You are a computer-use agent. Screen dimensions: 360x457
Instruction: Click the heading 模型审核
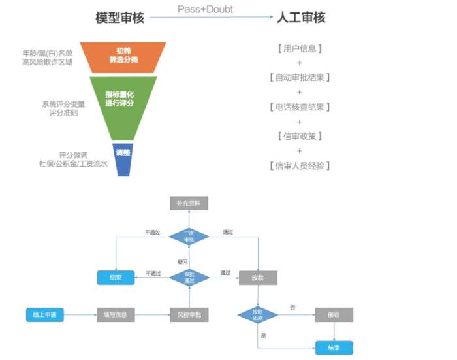119,18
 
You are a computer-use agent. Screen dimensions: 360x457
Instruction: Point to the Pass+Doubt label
205,9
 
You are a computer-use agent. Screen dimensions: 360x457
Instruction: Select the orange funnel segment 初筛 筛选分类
128,57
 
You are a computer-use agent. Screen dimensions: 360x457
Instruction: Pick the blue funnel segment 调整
123,153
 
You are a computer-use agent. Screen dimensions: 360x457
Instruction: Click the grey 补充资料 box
189,203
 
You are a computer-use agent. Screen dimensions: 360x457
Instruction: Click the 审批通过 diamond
189,276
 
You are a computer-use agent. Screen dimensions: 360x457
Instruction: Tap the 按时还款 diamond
257,314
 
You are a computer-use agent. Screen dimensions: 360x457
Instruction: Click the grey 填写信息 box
116,315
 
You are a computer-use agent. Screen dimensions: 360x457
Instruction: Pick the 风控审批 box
189,315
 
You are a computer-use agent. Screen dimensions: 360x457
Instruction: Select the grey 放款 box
258,277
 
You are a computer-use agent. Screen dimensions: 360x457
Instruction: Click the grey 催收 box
334,314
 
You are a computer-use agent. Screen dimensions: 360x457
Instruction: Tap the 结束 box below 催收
334,348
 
